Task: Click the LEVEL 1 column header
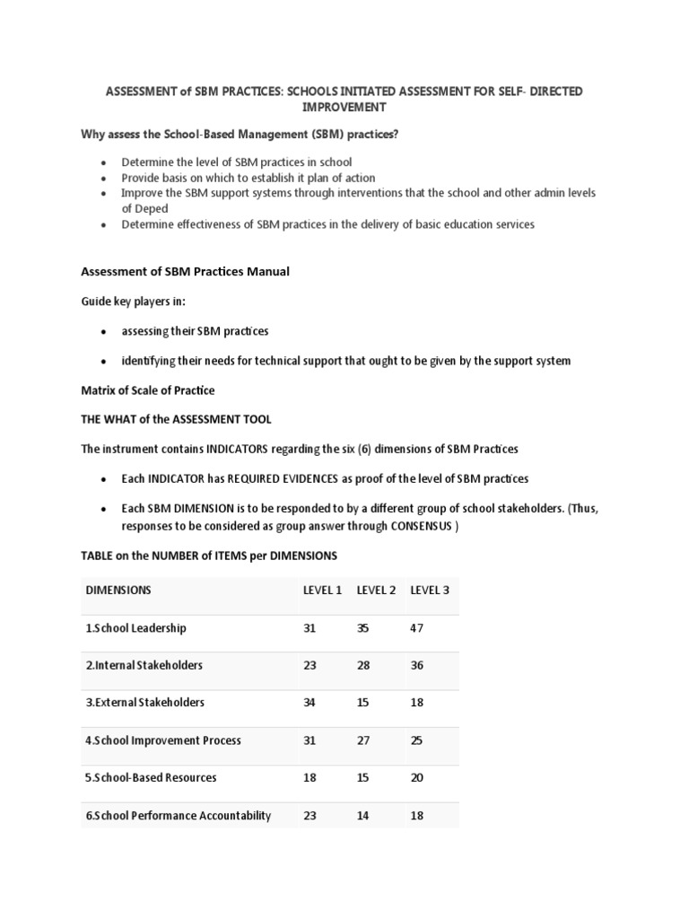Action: [322, 590]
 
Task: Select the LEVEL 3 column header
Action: [430, 590]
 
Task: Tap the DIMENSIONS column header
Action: [118, 590]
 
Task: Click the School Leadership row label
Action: [135, 628]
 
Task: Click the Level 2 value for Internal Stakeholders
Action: [362, 665]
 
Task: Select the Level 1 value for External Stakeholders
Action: [310, 703]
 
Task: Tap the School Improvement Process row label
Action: [163, 740]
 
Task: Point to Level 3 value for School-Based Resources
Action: [416, 777]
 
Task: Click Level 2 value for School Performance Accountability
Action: [362, 816]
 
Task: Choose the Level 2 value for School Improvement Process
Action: [362, 740]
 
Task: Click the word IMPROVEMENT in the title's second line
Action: [344, 107]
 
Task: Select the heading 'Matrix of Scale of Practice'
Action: [148, 390]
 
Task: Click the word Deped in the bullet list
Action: [138, 207]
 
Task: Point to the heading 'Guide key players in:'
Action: [134, 302]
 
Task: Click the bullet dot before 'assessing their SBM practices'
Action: [104, 332]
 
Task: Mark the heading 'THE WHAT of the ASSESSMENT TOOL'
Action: [176, 419]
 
